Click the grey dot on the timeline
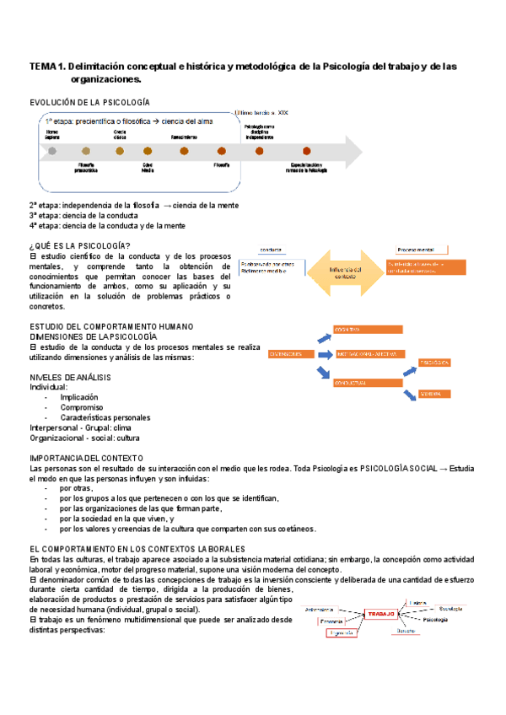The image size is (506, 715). point(52,151)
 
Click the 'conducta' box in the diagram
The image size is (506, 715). point(271,250)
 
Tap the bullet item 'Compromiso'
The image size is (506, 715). point(82,406)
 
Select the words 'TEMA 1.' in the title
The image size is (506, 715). point(48,66)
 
